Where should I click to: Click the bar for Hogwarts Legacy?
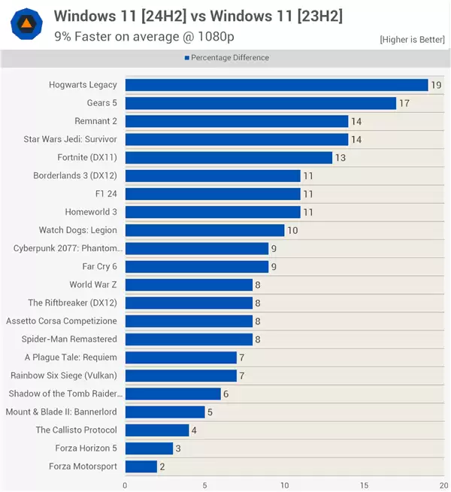pyautogui.click(x=276, y=85)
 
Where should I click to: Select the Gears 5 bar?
pyautogui.click(x=260, y=103)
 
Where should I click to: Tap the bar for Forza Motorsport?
pyautogui.click(x=141, y=466)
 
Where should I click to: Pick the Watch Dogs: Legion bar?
pyautogui.click(x=204, y=230)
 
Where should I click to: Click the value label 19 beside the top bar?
pyautogui.click(x=437, y=85)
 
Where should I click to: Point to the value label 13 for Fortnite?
pyautogui.click(x=341, y=157)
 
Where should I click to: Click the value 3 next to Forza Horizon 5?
pyautogui.click(x=179, y=448)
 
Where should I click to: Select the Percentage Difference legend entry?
pyautogui.click(x=226, y=58)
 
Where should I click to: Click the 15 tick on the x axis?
pyautogui.click(x=364, y=484)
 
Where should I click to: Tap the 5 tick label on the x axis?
pyautogui.click(x=204, y=484)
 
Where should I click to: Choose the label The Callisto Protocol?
pyautogui.click(x=77, y=430)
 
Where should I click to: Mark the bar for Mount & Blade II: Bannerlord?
pyautogui.click(x=165, y=412)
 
